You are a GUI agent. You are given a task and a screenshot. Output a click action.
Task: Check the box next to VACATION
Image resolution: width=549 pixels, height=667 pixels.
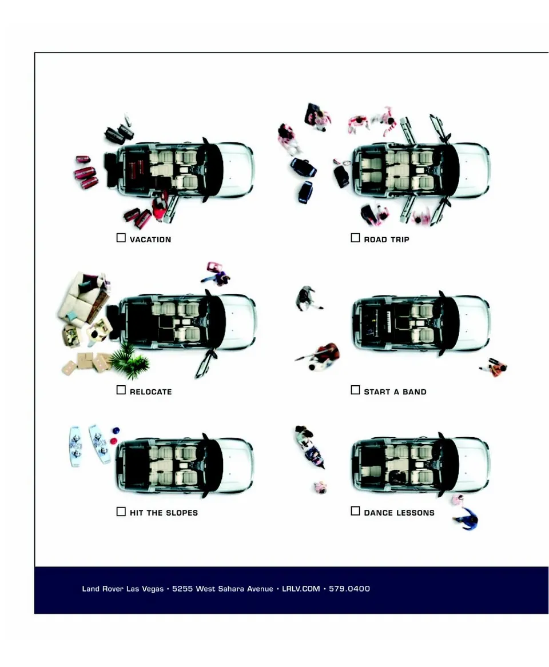pos(121,238)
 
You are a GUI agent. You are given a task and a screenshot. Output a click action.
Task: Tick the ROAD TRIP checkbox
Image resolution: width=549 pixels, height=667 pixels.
pos(355,238)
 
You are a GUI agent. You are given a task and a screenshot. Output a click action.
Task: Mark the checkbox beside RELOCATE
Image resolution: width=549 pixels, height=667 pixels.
pos(121,390)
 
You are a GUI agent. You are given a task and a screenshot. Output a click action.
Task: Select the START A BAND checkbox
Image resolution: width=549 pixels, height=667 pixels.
pos(355,390)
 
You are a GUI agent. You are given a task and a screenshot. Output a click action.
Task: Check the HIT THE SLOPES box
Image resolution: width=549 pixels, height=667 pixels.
pos(121,512)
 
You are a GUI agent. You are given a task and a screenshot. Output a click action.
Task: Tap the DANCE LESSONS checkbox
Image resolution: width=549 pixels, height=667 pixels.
pos(355,512)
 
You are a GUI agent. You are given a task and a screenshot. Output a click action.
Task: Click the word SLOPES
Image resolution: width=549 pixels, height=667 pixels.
pos(182,513)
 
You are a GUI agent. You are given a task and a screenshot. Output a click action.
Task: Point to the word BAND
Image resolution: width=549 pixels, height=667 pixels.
pos(415,392)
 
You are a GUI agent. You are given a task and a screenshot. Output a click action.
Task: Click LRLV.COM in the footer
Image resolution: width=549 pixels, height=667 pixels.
pos(301,589)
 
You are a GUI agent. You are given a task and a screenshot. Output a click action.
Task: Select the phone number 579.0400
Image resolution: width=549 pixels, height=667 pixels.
pos(349,589)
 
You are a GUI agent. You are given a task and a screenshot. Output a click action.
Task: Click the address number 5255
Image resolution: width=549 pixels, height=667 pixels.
pos(182,589)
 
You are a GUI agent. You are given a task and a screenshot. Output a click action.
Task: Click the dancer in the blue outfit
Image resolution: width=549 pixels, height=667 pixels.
pos(467,519)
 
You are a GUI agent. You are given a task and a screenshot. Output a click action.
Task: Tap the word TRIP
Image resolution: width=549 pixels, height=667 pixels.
pos(399,239)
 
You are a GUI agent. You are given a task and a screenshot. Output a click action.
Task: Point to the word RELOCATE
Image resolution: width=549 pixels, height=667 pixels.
pos(150,392)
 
